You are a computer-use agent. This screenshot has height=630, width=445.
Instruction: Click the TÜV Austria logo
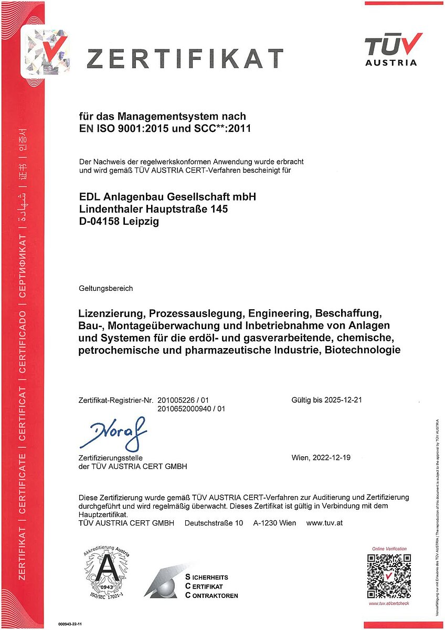(x=393, y=49)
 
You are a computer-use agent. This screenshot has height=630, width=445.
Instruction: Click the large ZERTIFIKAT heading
(x=185, y=58)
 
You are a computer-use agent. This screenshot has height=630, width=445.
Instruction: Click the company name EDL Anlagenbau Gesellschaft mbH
(x=167, y=196)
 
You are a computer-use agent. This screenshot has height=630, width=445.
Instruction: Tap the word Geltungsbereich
(x=105, y=288)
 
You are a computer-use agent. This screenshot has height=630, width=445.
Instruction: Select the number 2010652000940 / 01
(x=192, y=408)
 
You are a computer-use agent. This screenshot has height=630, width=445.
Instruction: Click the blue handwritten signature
(x=112, y=434)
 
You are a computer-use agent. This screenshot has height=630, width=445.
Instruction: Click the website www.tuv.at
(x=324, y=523)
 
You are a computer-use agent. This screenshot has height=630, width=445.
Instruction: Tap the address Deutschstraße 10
(x=214, y=523)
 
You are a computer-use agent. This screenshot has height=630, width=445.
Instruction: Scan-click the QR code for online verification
(x=389, y=576)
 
